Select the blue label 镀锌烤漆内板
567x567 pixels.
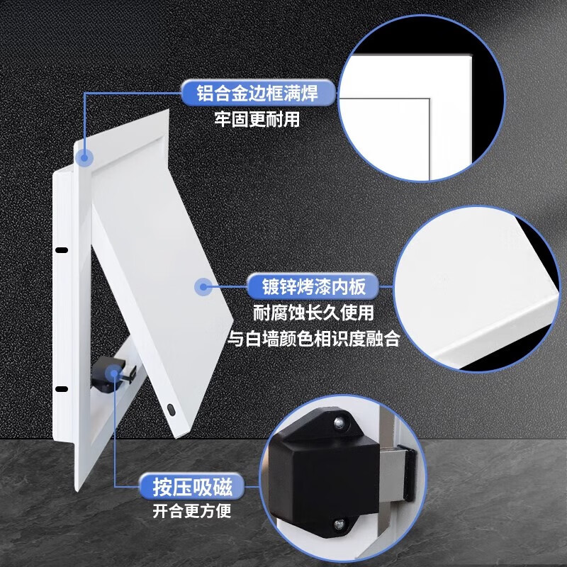(307, 288)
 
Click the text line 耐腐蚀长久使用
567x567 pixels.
(313, 313)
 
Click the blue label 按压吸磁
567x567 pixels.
(191, 487)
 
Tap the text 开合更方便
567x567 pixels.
(191, 511)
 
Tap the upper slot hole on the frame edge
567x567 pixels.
(61, 250)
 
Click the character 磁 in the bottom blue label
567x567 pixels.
(226, 487)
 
